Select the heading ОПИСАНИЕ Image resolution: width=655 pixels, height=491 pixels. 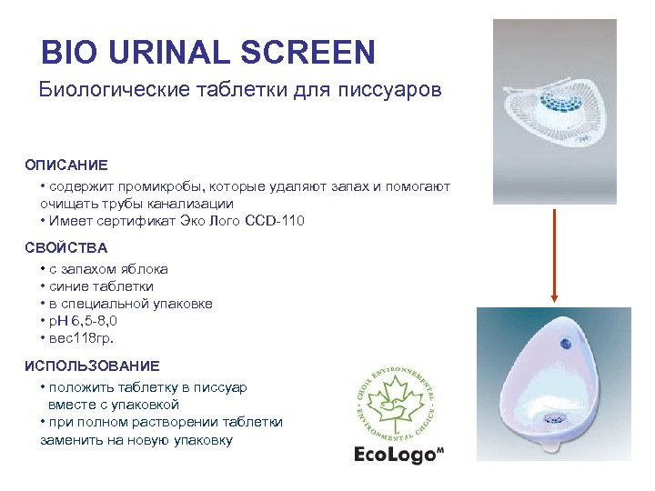[66, 165]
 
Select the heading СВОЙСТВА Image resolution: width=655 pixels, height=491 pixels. [66, 247]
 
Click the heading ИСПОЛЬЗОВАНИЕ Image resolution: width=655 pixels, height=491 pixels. [92, 366]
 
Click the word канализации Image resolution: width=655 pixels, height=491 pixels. [190, 204]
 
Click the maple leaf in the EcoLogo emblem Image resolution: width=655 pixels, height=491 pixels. [398, 400]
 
